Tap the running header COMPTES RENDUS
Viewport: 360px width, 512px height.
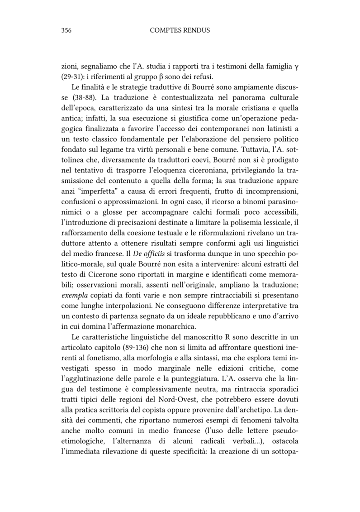coord(180,31)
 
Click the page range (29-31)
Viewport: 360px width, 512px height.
coord(71,77)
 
